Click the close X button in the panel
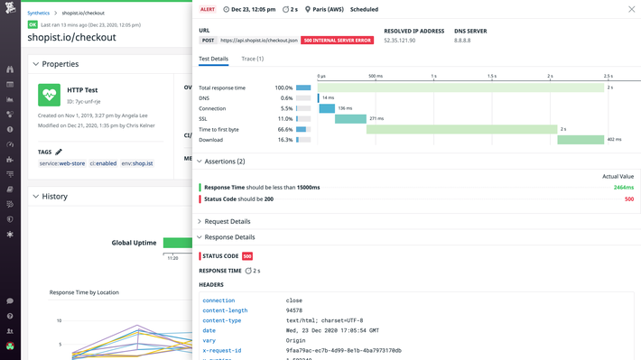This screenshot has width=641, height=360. [631, 10]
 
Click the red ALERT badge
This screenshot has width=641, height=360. [209, 10]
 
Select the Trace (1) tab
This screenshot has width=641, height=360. [253, 59]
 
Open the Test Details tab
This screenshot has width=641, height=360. [214, 59]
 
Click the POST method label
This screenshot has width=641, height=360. [207, 41]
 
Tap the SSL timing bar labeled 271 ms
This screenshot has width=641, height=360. [350, 119]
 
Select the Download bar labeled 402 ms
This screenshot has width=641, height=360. [581, 140]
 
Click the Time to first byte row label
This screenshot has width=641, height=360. [233, 129]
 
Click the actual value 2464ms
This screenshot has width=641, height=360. [623, 187]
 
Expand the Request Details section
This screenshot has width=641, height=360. [227, 221]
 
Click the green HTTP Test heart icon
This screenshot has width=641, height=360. [49, 95]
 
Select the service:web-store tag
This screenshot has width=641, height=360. [61, 163]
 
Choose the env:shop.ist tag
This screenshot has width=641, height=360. [137, 163]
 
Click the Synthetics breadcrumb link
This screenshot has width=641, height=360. [39, 14]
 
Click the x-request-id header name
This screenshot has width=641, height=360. [222, 350]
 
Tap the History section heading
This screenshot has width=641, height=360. [54, 196]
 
